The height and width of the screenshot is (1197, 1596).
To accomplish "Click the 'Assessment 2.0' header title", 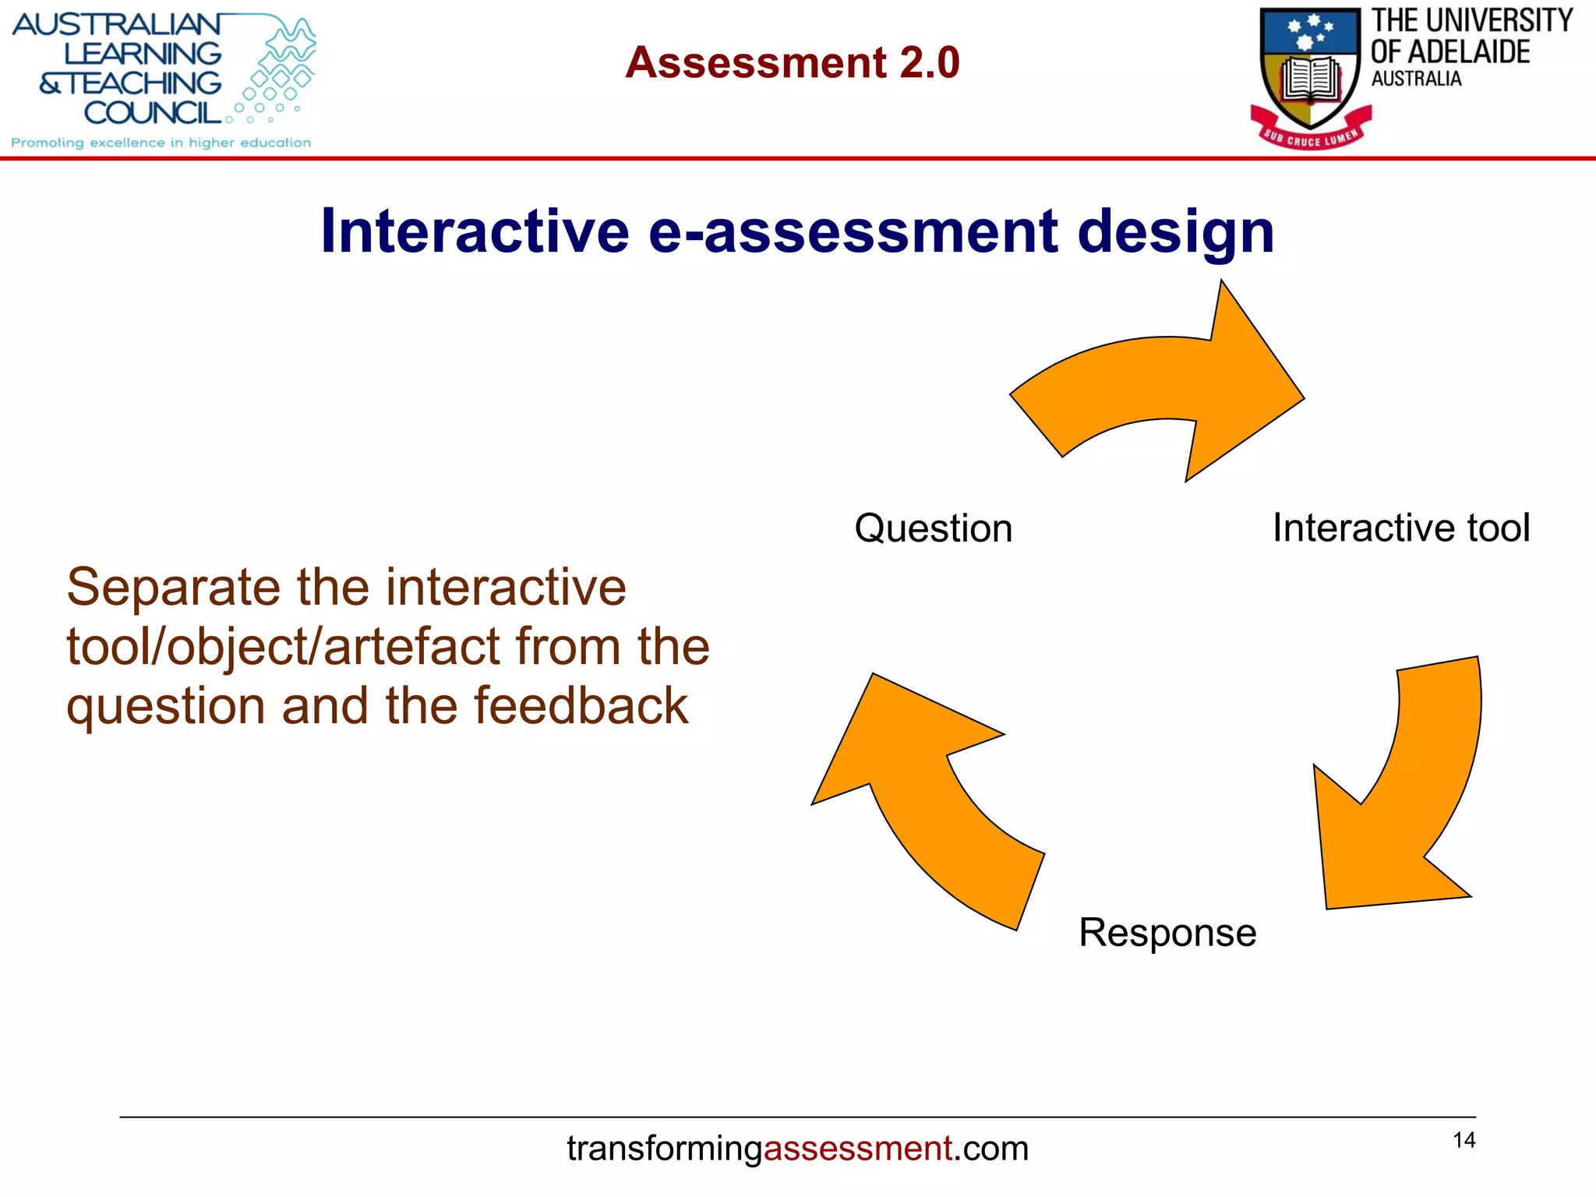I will (792, 62).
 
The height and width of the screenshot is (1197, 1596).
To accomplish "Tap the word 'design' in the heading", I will (1175, 232).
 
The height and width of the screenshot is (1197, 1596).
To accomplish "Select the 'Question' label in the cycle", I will (933, 528).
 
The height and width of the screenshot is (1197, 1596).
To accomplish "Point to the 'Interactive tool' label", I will (1400, 528).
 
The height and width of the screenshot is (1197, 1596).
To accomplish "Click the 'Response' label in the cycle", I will (1167, 932).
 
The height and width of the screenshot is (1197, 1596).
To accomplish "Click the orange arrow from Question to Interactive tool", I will (1169, 382).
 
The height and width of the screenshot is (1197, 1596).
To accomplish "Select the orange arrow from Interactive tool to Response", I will (1403, 810).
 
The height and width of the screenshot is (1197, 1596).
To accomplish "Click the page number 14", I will (1464, 1140).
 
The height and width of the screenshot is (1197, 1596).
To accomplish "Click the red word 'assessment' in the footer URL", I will (857, 1149).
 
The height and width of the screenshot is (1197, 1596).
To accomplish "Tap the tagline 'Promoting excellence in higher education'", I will (161, 143).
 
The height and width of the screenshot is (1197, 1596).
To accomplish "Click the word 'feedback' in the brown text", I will (581, 706).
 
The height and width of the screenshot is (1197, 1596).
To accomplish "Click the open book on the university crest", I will (1311, 79).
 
